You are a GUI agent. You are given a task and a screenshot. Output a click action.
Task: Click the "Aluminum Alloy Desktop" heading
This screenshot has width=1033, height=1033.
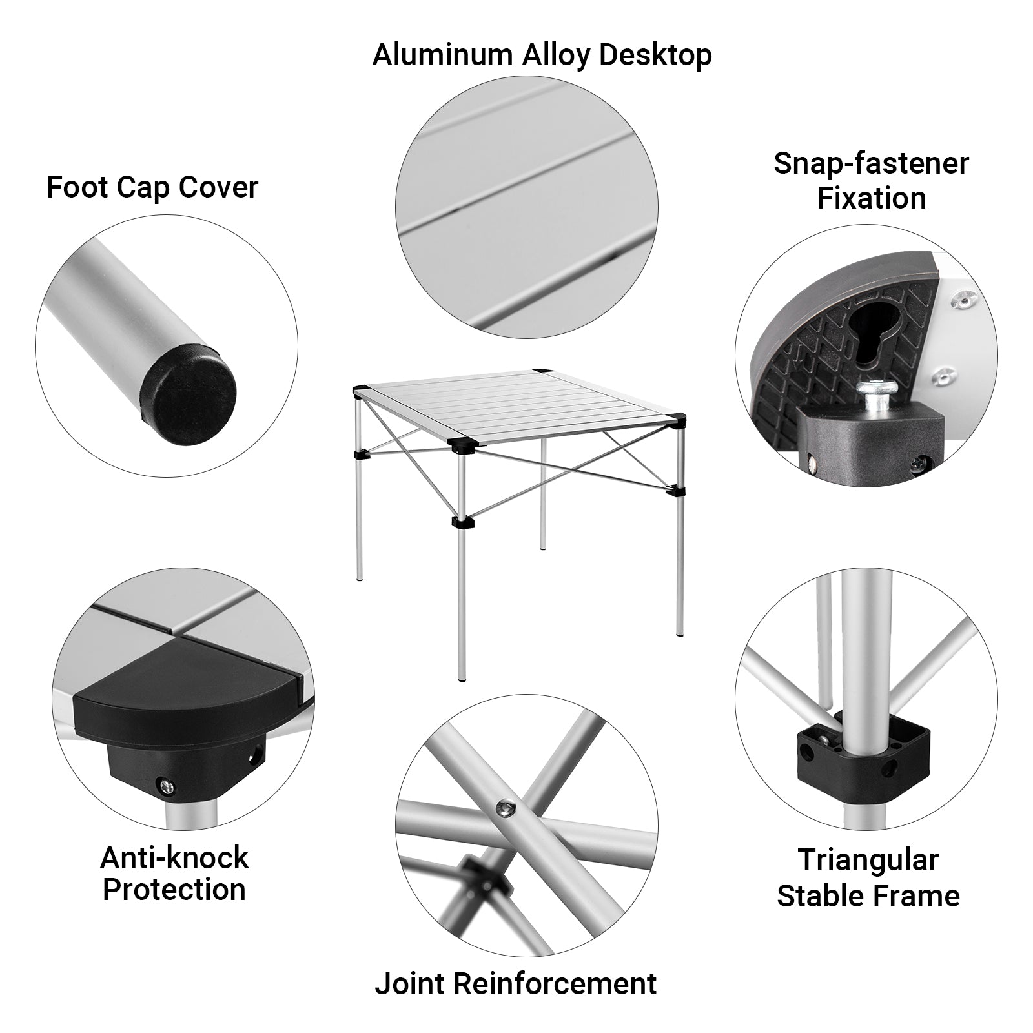pyautogui.click(x=542, y=55)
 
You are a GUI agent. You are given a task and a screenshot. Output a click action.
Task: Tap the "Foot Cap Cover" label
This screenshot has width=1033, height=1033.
pyautogui.click(x=152, y=187)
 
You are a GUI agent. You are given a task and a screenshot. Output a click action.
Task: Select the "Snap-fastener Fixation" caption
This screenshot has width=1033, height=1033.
pyautogui.click(x=871, y=181)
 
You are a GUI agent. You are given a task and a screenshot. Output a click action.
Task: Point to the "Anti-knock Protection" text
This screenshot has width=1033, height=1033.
pyautogui.click(x=174, y=874)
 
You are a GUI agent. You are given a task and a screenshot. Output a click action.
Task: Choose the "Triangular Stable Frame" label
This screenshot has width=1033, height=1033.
pyautogui.click(x=868, y=878)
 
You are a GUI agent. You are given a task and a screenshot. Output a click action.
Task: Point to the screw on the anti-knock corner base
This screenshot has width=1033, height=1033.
pyautogui.click(x=166, y=785)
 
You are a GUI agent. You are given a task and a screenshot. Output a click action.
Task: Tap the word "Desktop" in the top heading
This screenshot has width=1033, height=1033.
pyautogui.click(x=655, y=56)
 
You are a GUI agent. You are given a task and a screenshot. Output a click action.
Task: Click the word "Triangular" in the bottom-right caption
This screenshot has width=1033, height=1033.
pyautogui.click(x=868, y=861)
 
